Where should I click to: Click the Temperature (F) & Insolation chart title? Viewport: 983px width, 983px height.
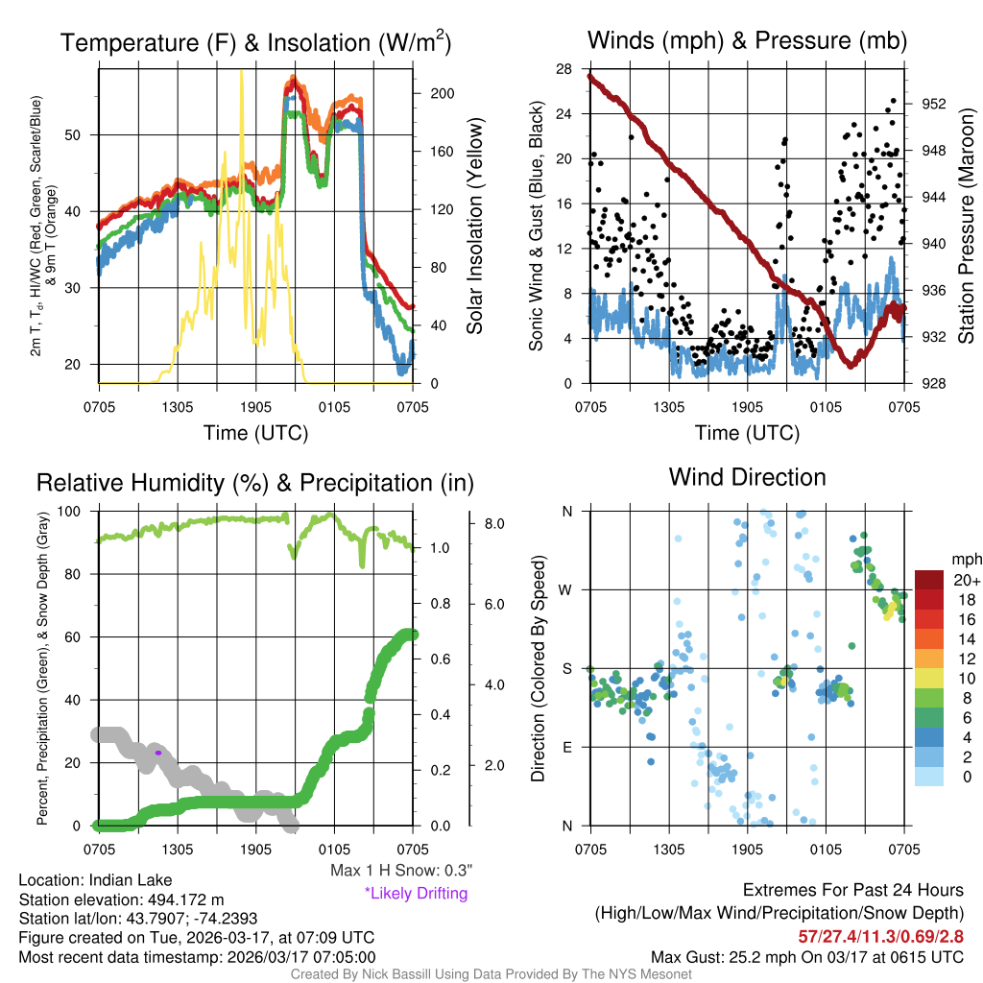[x=256, y=43]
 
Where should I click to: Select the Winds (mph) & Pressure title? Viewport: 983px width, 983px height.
[x=747, y=40]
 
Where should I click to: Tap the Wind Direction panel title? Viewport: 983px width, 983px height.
[x=747, y=477]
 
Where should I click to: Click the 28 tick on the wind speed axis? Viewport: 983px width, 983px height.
[x=564, y=68]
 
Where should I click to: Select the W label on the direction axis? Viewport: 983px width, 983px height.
[x=566, y=589]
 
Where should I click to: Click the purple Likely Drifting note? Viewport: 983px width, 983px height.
[x=416, y=893]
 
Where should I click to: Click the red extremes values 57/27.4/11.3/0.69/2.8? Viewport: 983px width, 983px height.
[x=881, y=936]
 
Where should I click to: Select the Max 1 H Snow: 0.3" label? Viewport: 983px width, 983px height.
[x=400, y=871]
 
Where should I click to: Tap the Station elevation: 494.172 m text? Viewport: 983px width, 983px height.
[x=121, y=899]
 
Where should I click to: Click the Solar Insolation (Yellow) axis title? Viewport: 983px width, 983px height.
[x=474, y=227]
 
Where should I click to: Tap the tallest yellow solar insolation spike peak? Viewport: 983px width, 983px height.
[x=241, y=73]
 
